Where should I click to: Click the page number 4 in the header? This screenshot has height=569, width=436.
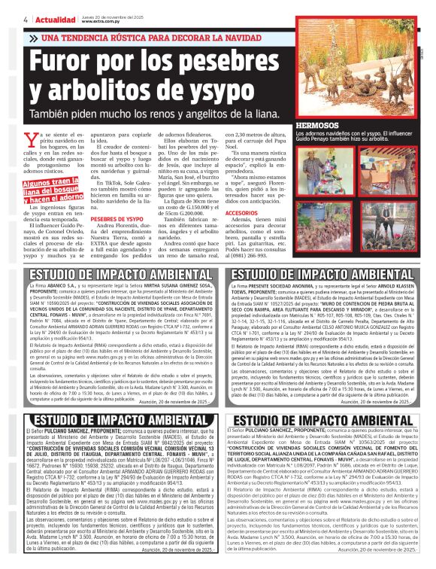[6, 20]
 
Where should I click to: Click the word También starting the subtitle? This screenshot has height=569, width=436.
[53, 115]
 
